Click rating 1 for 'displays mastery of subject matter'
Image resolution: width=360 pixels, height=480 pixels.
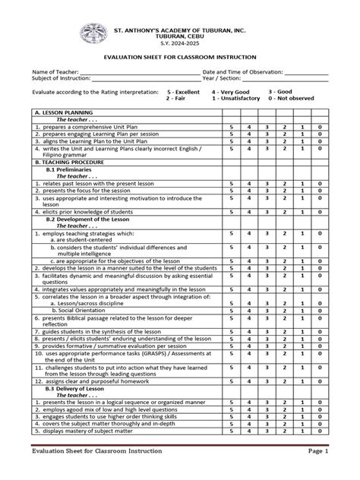click(x=302, y=430)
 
